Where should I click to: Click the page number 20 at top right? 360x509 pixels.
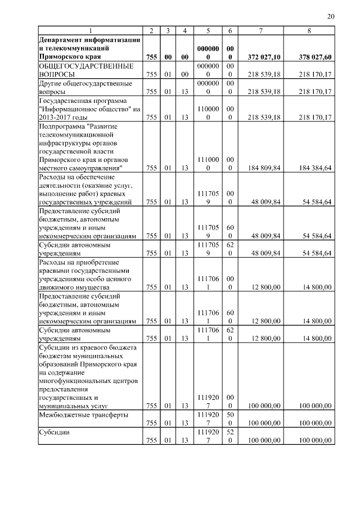[331, 17]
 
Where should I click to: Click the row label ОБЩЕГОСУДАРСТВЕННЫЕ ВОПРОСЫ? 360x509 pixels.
[70, 70]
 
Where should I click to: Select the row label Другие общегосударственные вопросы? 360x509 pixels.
[76, 87]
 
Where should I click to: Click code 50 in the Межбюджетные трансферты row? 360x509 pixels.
[230, 415]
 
